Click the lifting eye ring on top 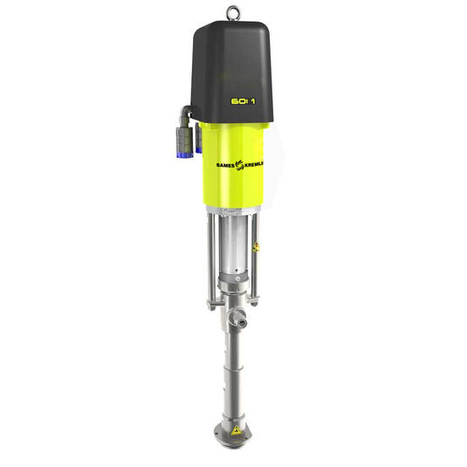[x=233, y=9]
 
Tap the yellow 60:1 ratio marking [x=244, y=101]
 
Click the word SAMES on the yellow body [x=225, y=165]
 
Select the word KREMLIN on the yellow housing [x=253, y=164]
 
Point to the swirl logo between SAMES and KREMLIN [x=239, y=165]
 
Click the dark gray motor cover [x=232, y=72]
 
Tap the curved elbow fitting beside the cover [x=185, y=114]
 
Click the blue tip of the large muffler [x=185, y=154]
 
